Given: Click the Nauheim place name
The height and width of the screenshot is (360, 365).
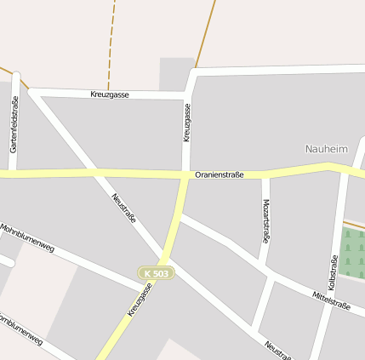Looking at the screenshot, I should point(326,149).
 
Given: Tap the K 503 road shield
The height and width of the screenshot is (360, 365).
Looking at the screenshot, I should point(157,273).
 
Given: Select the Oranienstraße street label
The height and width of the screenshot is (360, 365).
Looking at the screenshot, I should point(219,174).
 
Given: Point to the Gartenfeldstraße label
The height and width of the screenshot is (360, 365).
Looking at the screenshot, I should point(14,124).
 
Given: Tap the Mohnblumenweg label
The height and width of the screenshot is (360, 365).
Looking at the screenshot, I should point(27,238).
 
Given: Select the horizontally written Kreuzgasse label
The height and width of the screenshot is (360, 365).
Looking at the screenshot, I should point(110,94).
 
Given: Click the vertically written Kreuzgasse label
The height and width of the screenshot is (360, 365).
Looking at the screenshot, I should point(186,123).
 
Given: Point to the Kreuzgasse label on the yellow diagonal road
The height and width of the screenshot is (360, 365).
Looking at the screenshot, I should point(140,300).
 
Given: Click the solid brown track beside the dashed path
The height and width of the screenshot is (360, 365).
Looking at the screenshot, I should point(205,34).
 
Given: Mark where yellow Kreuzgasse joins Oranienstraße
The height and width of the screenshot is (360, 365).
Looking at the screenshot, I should point(185,176).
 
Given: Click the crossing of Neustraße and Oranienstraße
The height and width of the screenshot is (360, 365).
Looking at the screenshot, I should point(96,174).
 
